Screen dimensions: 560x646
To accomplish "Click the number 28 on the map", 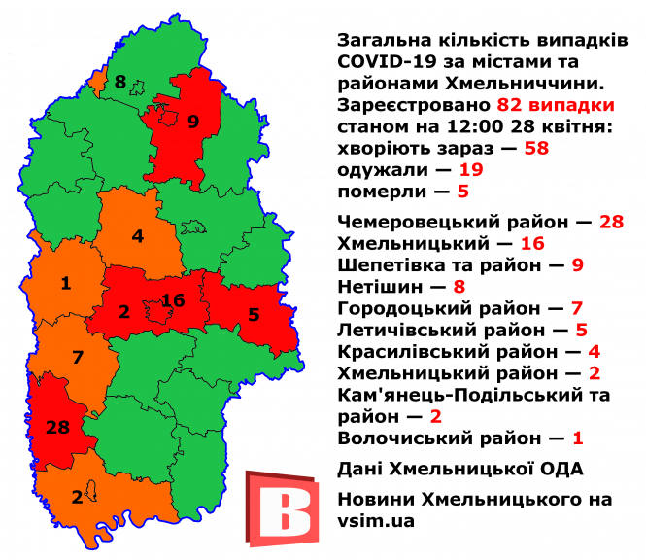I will pyautogui.click(x=56, y=427).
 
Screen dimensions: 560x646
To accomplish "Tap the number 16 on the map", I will pyautogui.click(x=173, y=300).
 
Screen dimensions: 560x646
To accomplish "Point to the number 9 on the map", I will pyautogui.click(x=192, y=122).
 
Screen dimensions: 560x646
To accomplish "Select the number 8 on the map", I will pyautogui.click(x=120, y=82).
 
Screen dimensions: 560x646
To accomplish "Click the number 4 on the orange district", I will pyautogui.click(x=138, y=235).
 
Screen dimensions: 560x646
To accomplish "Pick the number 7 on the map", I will pyautogui.click(x=78, y=356).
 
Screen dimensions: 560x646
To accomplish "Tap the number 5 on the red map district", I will pyautogui.click(x=254, y=315).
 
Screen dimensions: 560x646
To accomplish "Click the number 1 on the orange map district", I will pyautogui.click(x=65, y=284).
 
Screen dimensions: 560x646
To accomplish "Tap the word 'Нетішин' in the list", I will pyautogui.click(x=379, y=286).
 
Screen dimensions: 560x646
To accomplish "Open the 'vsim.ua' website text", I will pyautogui.click(x=376, y=521).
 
